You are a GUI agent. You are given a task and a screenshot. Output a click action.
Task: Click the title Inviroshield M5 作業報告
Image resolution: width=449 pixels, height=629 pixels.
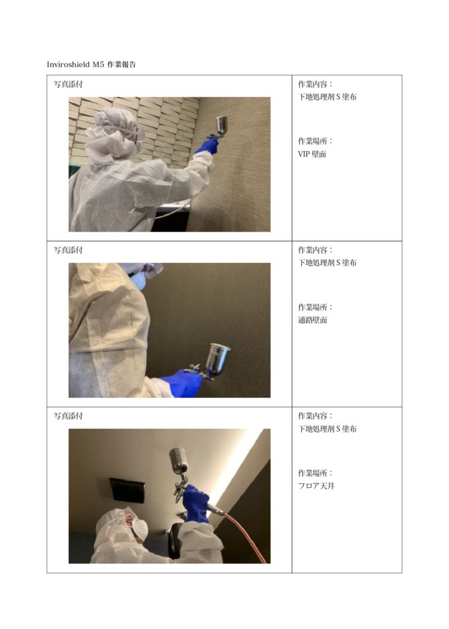tap(91, 64)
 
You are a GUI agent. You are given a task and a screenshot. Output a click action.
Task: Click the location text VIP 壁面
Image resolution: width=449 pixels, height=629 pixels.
tap(312, 154)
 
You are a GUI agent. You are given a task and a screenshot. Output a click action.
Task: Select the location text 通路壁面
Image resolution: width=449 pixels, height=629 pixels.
tap(312, 320)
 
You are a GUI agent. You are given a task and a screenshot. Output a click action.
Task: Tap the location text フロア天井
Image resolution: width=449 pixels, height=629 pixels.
tap(316, 486)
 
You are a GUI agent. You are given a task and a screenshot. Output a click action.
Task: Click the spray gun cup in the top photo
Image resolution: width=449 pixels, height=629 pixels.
tap(221, 125)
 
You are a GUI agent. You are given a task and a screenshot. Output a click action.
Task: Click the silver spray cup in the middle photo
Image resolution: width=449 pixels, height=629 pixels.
tap(217, 359)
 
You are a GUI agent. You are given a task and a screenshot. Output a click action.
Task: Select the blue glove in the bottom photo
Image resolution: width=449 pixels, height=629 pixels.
tap(196, 503)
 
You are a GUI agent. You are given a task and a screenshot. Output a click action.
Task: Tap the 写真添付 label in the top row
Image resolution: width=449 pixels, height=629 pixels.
tap(68, 84)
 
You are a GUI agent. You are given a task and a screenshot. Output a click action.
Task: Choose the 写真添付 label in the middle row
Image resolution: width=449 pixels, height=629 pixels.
tap(68, 250)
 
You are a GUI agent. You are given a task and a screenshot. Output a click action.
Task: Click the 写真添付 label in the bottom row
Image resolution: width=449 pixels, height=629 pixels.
tap(68, 416)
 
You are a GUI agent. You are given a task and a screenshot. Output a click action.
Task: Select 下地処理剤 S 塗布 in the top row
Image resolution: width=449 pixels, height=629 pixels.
tap(327, 96)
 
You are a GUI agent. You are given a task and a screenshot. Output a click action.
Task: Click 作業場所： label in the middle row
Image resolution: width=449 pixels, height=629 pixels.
tap(316, 307)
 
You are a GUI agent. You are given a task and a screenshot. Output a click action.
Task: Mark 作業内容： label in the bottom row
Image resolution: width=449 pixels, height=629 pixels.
tap(316, 416)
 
